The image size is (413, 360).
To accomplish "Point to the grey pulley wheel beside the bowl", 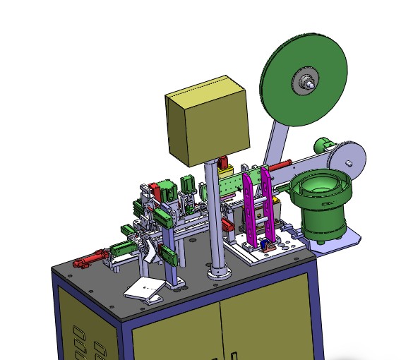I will click(350, 158).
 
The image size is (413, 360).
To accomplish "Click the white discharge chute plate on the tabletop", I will click(145, 289).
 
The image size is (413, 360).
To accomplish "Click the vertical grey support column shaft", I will click(214, 212).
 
